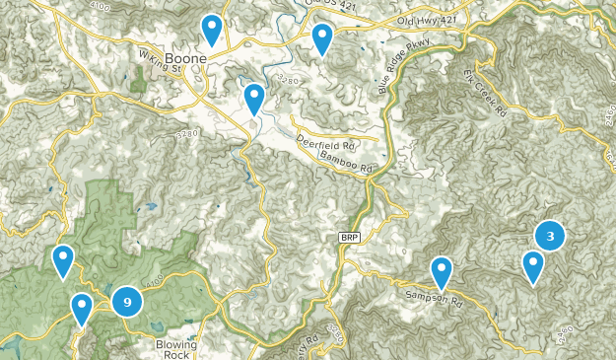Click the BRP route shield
tap(350, 238)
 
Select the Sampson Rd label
tap(435, 296)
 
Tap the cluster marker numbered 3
tap(550, 236)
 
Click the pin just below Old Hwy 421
tap(322, 38)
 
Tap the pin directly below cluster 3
tap(533, 265)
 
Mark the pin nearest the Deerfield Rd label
tap(254, 98)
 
